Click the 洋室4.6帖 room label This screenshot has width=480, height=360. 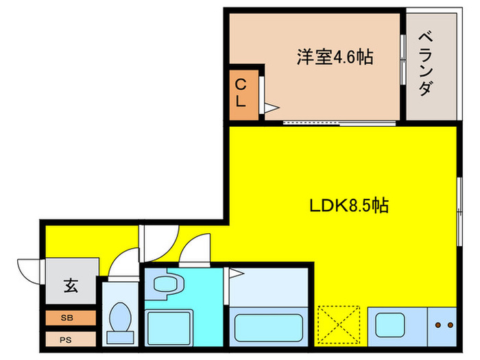334,57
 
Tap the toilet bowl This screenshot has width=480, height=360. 121,320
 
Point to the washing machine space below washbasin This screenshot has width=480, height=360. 167,325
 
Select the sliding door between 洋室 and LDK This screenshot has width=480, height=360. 339,123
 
